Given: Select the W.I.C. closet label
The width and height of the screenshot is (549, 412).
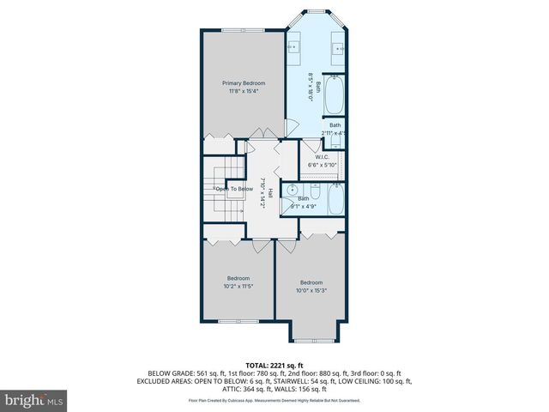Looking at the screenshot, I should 322,157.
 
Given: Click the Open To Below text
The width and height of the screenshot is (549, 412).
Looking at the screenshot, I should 233,189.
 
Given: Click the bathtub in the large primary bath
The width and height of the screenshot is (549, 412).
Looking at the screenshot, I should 335,95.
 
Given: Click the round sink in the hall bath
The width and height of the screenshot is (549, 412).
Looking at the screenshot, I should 293,190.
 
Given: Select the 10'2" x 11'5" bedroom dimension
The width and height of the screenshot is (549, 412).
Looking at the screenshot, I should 238,287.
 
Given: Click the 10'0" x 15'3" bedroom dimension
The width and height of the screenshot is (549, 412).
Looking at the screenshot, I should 311,290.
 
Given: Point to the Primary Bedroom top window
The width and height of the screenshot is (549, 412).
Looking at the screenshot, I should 242,31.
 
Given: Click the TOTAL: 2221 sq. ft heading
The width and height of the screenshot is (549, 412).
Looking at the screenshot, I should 274,366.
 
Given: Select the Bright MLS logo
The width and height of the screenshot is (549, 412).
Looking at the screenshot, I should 33,400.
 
